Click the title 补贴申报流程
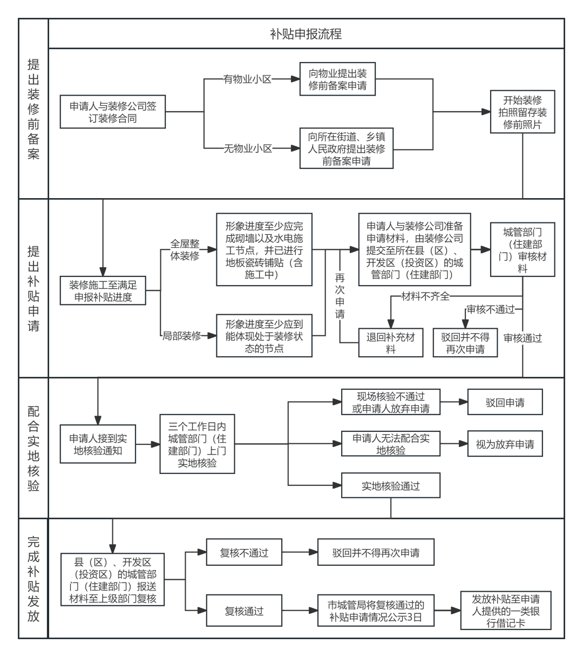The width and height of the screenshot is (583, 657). click(x=306, y=34)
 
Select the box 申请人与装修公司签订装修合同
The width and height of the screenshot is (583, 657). click(x=113, y=112)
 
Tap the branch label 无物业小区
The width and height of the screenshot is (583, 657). click(x=248, y=147)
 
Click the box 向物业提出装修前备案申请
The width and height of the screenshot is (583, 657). click(x=338, y=79)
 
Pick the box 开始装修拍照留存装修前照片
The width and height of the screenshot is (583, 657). click(x=523, y=112)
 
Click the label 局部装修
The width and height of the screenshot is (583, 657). click(x=182, y=335)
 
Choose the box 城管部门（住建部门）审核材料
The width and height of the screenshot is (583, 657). click(x=523, y=249)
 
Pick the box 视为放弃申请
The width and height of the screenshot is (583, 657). click(x=505, y=444)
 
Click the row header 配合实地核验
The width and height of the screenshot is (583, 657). click(x=33, y=448)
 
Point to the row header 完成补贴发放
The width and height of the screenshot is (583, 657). click(x=33, y=578)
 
